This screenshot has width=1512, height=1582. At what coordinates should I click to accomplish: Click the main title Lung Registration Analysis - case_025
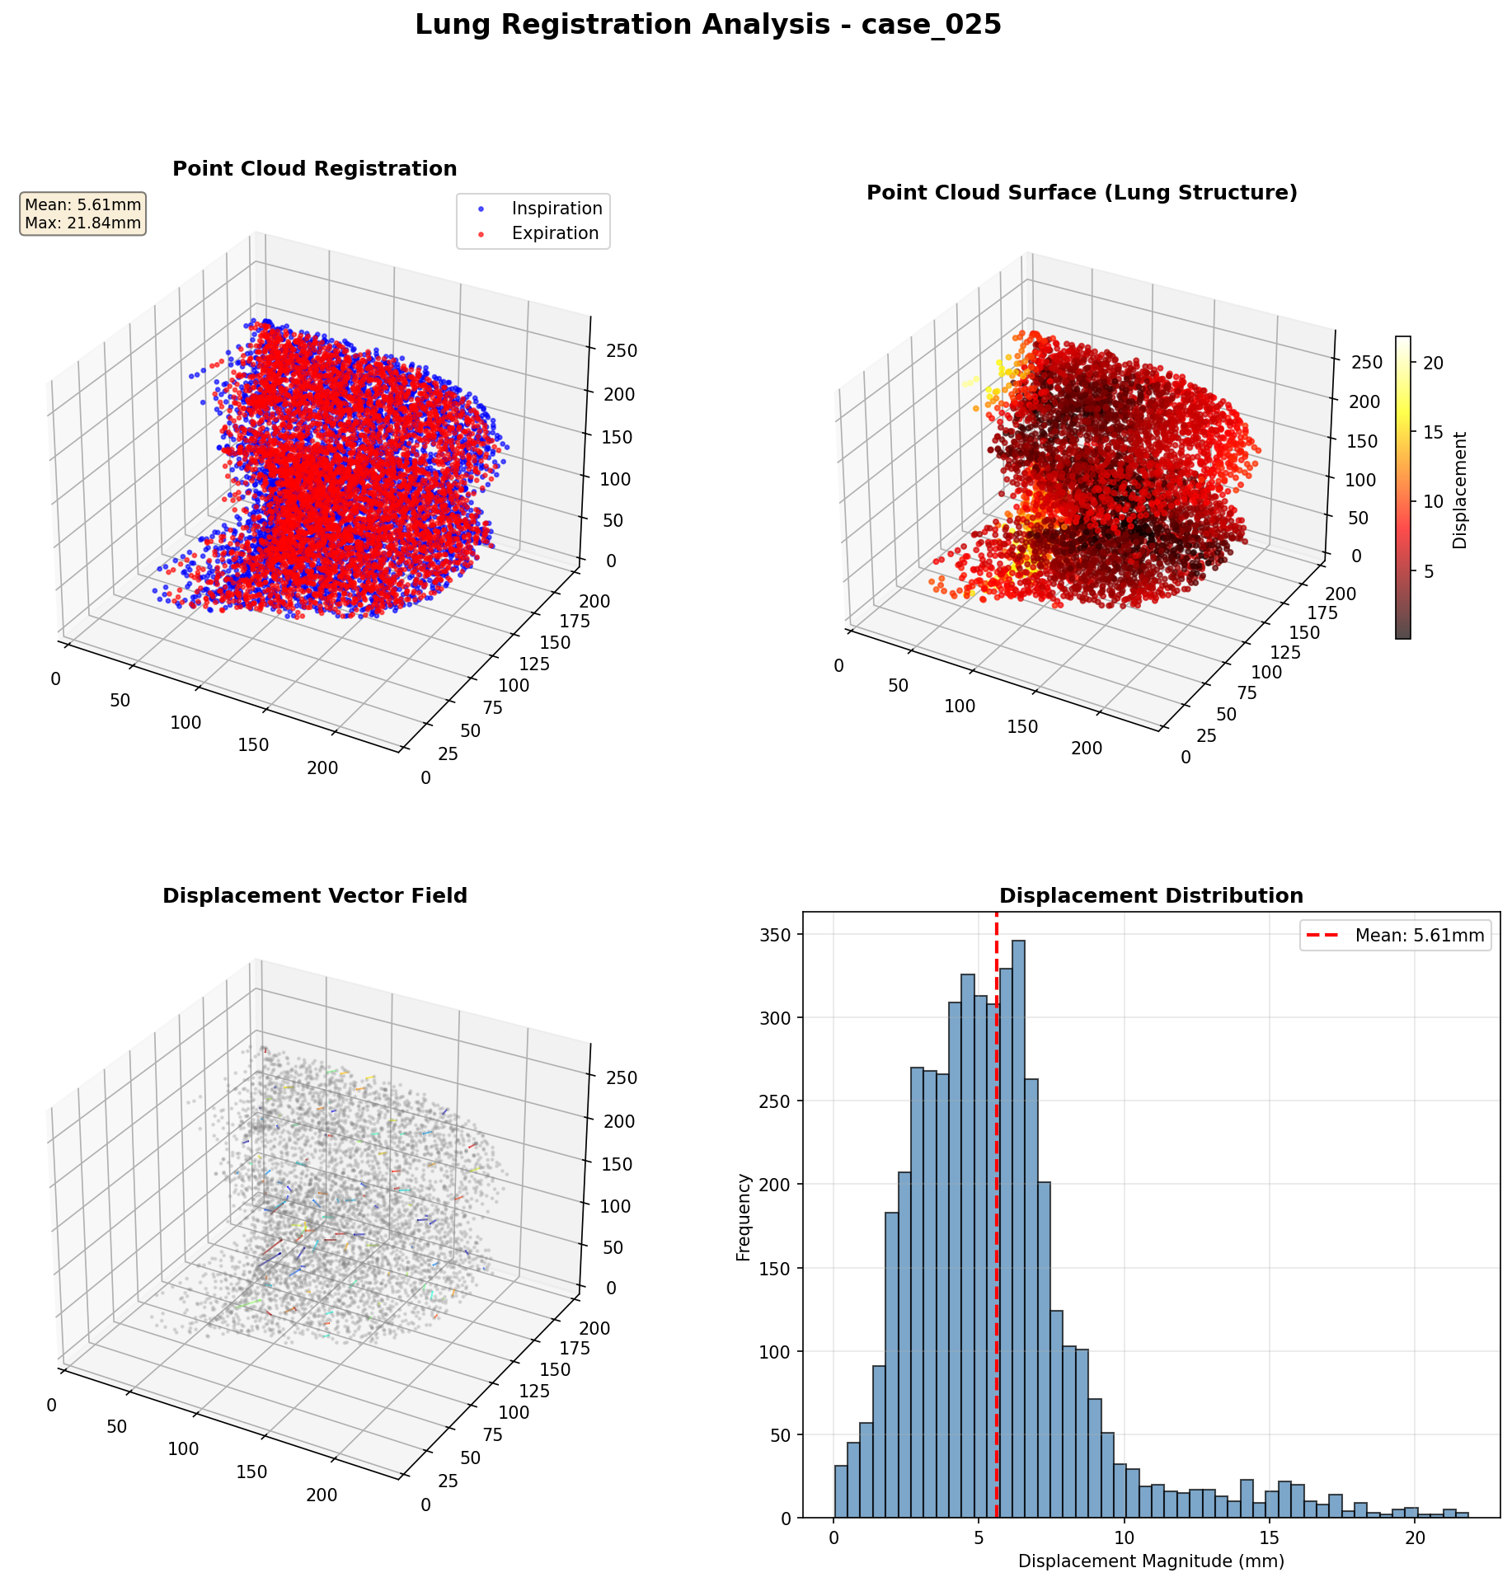(x=707, y=25)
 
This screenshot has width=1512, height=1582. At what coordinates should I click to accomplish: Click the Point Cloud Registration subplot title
(x=314, y=169)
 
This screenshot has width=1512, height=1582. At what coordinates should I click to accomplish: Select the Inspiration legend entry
(x=556, y=209)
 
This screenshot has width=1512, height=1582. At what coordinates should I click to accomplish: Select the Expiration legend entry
(x=555, y=233)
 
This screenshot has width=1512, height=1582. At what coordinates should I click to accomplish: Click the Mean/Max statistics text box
(x=83, y=214)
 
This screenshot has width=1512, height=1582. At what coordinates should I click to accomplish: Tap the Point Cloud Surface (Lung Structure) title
(x=1082, y=193)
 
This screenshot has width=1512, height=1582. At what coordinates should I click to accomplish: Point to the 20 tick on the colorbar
(x=1433, y=363)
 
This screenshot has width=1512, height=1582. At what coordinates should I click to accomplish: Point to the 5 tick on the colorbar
(x=1428, y=571)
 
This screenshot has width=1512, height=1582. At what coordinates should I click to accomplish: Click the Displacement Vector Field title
(x=314, y=896)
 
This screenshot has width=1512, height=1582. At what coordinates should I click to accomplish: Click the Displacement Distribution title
(x=1151, y=896)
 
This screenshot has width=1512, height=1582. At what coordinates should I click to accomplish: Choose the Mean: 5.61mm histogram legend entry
(x=1418, y=936)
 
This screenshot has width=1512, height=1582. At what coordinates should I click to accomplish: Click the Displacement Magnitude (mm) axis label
(x=1151, y=1561)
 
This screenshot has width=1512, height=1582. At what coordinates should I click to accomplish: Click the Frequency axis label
(x=744, y=1217)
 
